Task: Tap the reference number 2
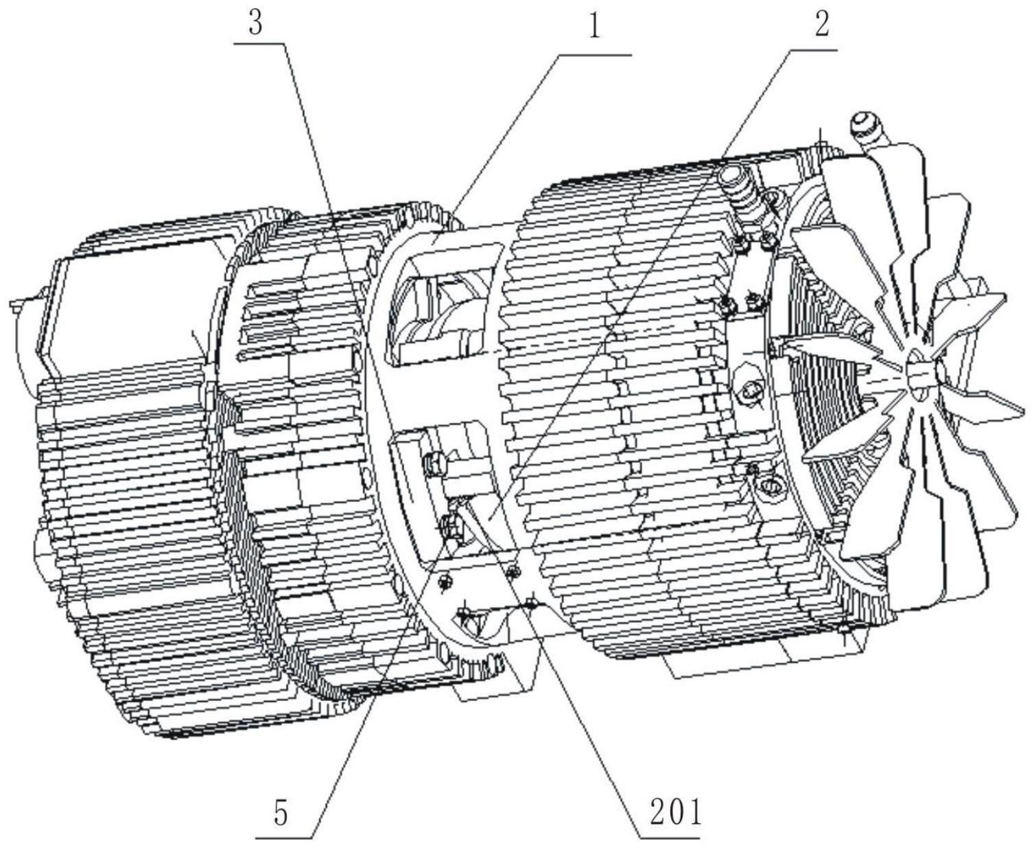(x=822, y=23)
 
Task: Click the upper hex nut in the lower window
(x=434, y=464)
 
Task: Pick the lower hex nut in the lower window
(x=450, y=527)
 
